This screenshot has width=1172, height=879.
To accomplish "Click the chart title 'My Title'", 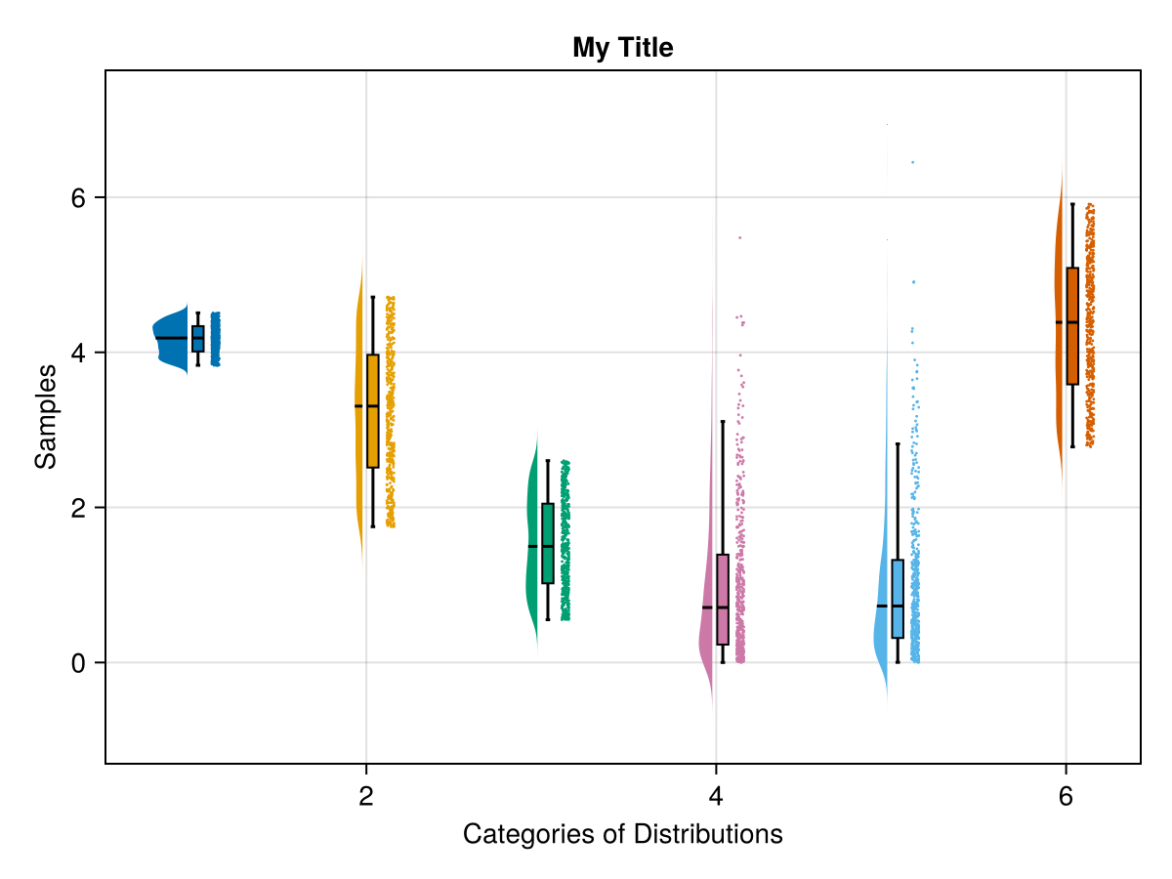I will pyautogui.click(x=622, y=47).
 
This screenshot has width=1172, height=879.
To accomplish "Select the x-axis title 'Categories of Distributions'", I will pyautogui.click(x=622, y=834).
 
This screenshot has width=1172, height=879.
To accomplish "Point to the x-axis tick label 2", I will pyautogui.click(x=366, y=796).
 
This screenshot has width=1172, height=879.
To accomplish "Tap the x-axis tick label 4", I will pyautogui.click(x=716, y=796).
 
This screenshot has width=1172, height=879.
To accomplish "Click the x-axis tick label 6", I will pyautogui.click(x=1066, y=796).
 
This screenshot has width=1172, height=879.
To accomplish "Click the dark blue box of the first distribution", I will pyautogui.click(x=197, y=338).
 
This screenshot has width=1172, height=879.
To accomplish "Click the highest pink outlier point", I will pyautogui.click(x=739, y=237).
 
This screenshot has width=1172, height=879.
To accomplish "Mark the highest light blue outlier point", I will pyautogui.click(x=913, y=162).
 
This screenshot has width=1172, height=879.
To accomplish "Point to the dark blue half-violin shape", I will pyautogui.click(x=171, y=337).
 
